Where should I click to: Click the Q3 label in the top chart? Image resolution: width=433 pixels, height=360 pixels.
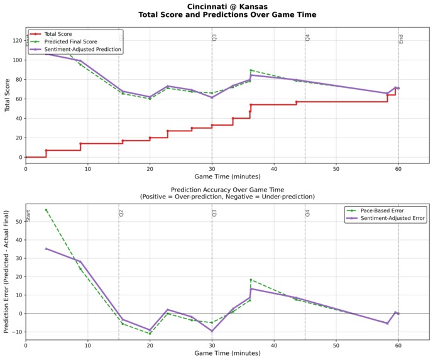point(214,38)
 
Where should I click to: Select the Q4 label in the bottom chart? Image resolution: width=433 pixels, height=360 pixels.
point(308,213)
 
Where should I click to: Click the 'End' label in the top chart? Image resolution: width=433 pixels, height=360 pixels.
point(401,39)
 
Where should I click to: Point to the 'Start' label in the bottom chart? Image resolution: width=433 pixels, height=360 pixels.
point(28,215)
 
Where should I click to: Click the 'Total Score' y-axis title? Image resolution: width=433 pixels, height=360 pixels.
point(7,95)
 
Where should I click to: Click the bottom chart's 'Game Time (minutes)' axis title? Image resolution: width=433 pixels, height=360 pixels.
point(227,353)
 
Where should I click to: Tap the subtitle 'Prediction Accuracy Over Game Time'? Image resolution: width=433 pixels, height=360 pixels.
point(227,189)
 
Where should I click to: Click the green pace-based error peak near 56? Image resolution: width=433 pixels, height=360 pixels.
point(46,210)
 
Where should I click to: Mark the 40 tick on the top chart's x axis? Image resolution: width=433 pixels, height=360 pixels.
point(273,168)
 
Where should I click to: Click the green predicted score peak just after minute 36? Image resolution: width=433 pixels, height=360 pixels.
point(251,70)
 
